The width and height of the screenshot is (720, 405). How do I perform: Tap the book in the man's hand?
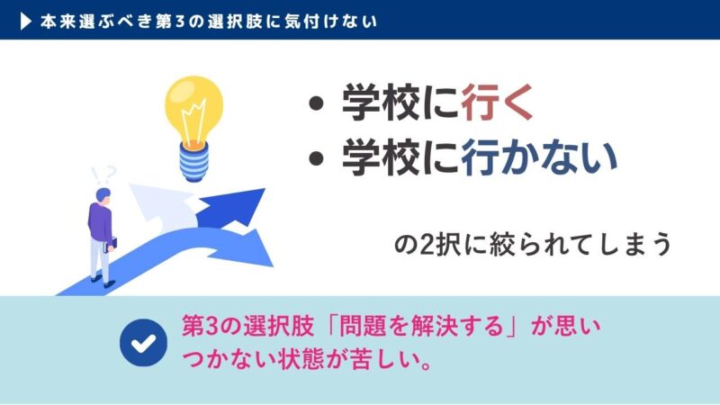pyautogui.click(x=112, y=244)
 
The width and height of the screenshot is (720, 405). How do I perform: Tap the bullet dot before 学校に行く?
pyautogui.click(x=316, y=106)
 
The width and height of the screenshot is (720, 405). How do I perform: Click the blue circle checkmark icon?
pyautogui.click(x=142, y=343)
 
